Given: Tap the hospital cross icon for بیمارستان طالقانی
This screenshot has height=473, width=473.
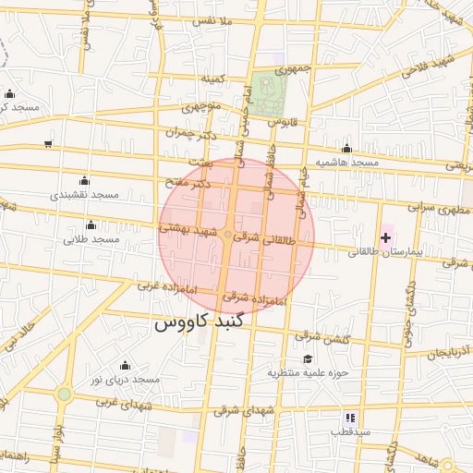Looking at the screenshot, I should coord(385,239).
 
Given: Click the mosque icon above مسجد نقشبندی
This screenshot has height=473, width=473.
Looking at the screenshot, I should coord(85,180).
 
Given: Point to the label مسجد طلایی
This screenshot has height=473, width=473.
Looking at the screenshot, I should coord(91,239).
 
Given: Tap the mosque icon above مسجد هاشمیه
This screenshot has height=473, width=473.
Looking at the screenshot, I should coord(346,149).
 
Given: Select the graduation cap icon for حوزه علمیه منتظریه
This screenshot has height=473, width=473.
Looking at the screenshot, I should coord(308,359).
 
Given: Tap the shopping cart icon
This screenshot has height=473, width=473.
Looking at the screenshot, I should coord(48,144).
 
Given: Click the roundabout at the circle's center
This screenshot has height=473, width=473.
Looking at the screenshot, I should coord(228,237).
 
